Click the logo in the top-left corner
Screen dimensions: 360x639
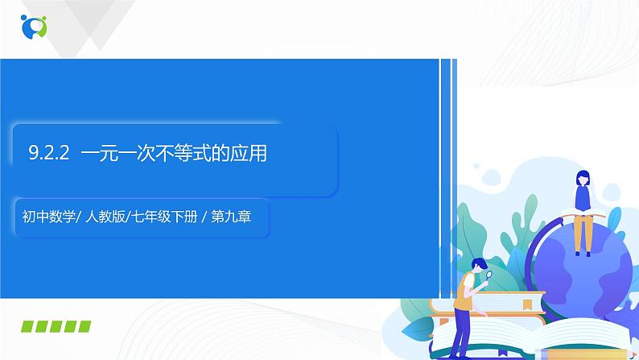click(x=34, y=26)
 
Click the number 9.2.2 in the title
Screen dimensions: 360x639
click(x=52, y=152)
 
